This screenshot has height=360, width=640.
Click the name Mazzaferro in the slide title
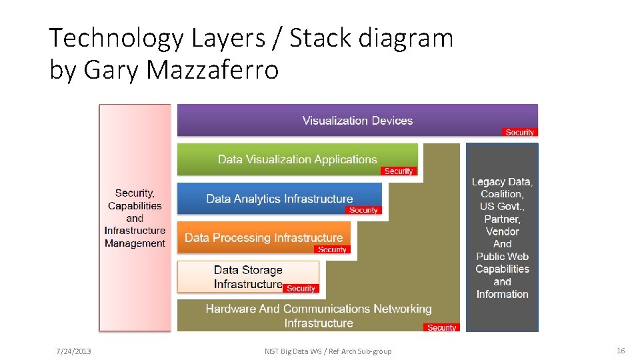[214, 69]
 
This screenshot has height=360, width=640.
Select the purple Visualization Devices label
[357, 121]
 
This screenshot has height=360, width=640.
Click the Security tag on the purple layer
[519, 132]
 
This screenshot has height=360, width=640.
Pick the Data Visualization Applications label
[297, 159]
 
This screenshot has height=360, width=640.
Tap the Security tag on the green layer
[399, 171]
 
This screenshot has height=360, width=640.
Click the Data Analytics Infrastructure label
[279, 199]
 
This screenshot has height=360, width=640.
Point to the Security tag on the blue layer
[363, 210]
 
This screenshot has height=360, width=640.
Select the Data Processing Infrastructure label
[263, 238]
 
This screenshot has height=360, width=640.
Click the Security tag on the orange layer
[331, 249]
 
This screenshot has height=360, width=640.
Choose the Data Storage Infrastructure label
[248, 277]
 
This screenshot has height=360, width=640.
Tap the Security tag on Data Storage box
[301, 289]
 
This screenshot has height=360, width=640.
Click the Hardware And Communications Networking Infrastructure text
[319, 316]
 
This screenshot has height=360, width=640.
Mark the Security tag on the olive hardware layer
[441, 327]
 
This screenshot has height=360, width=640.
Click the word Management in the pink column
[135, 243]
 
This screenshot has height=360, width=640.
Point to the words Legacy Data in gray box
[502, 181]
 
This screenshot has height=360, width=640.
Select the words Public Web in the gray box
[502, 257]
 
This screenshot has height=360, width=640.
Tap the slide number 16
[621, 351]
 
